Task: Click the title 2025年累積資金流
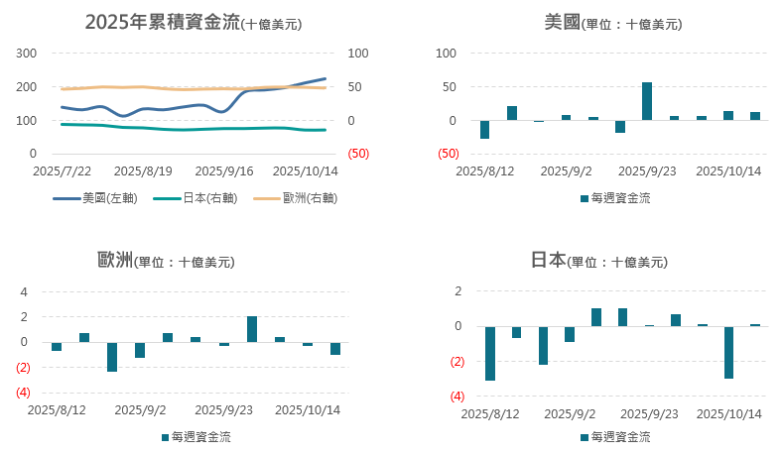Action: point(165,23)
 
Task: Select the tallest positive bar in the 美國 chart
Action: point(647,101)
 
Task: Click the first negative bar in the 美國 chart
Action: point(484,130)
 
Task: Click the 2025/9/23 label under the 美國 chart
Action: point(647,170)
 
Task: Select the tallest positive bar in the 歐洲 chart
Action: point(252,329)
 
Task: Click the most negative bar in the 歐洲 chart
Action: point(112,357)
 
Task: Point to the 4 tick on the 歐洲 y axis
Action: point(25,291)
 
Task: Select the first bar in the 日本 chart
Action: point(490,353)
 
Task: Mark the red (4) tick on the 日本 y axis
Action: point(458,397)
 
